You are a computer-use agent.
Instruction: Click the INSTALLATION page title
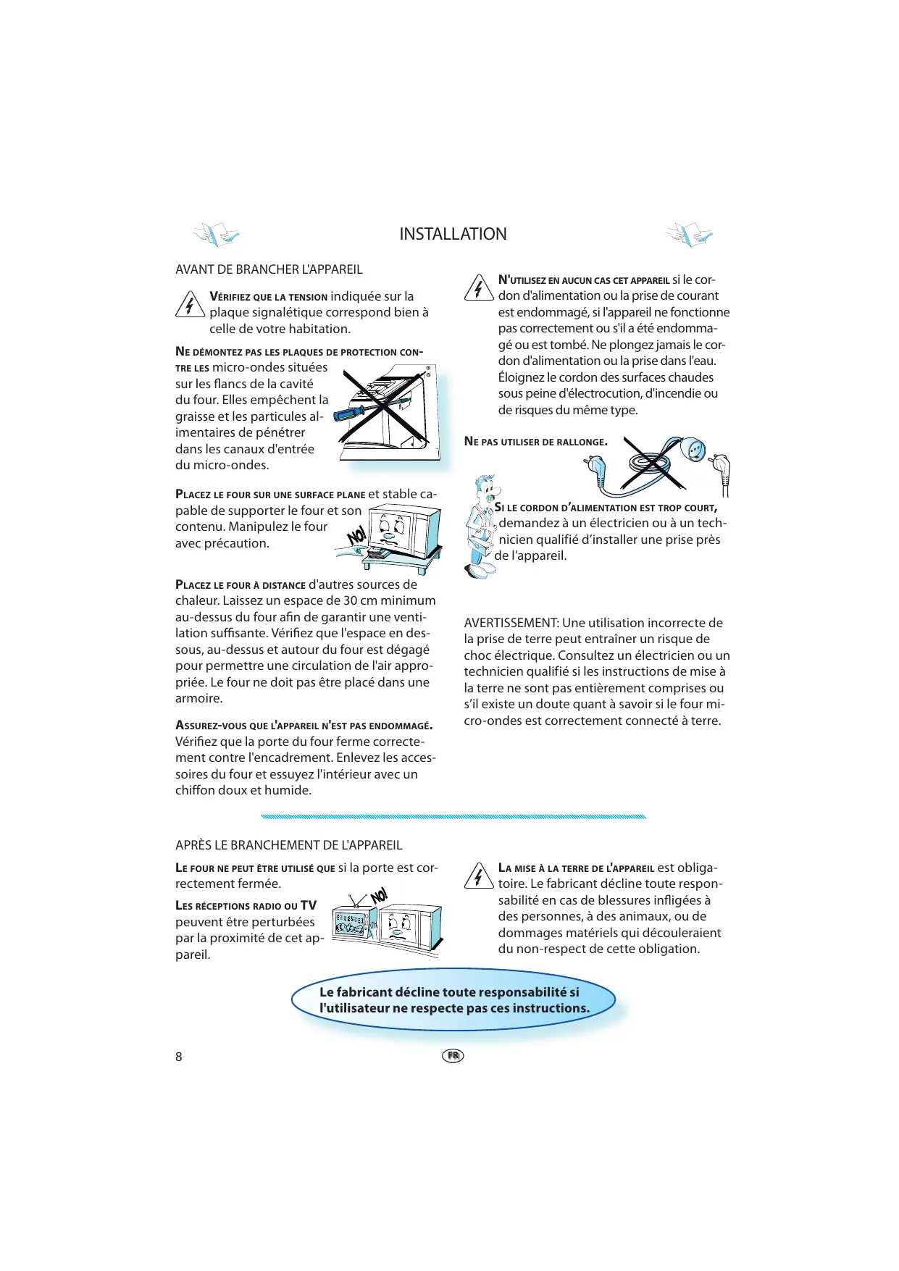click(453, 234)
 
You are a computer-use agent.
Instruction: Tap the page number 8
click(179, 1057)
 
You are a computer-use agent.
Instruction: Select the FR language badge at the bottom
click(453, 1056)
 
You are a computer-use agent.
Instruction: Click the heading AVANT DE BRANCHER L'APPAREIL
click(269, 269)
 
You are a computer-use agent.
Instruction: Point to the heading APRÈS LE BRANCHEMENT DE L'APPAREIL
click(288, 845)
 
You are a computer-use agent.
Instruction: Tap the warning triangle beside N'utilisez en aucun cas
click(478, 288)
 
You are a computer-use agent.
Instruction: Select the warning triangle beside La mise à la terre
click(478, 876)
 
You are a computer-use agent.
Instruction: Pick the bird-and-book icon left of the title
click(216, 234)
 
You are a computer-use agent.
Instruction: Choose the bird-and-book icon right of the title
click(689, 235)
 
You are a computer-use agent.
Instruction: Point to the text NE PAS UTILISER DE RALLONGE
click(536, 442)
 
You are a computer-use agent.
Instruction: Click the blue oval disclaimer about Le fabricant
click(454, 1000)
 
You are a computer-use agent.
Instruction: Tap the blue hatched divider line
click(453, 816)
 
